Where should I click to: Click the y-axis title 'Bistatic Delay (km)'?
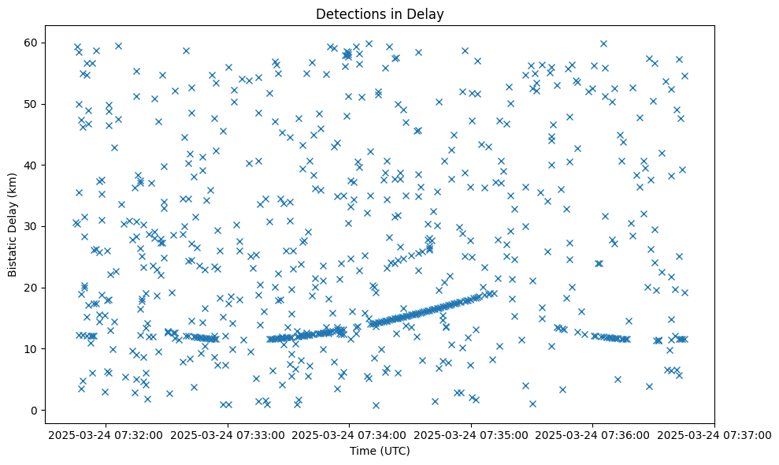[13, 223]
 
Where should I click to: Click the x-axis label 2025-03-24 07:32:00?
[106, 435]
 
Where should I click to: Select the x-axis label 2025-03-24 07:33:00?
[228, 435]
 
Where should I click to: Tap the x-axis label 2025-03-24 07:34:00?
[350, 435]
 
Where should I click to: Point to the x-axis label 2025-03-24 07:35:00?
[472, 435]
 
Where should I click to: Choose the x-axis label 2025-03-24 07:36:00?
[594, 435]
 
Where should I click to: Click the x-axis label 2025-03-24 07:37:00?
[715, 435]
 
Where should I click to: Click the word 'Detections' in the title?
[350, 13]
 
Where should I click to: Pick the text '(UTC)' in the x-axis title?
[397, 452]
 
